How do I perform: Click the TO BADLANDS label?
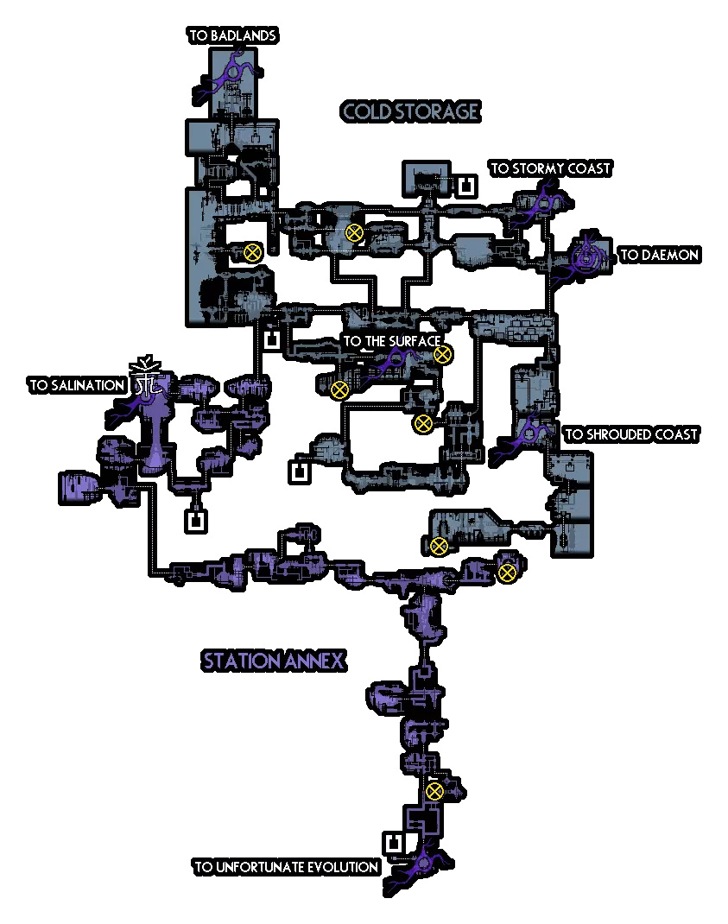[232, 36]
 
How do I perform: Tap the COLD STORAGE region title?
[410, 111]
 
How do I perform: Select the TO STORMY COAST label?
[550, 168]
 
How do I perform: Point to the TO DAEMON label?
[659, 255]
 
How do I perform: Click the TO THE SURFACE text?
[391, 341]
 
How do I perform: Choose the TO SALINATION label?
[77, 385]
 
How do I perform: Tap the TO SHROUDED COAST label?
[630, 434]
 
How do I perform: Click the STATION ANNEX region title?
[274, 661]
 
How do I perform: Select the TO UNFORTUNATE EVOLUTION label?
[286, 867]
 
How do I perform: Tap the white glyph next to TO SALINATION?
[147, 377]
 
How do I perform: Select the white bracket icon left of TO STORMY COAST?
[466, 186]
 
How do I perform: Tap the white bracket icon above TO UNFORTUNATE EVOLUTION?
[394, 843]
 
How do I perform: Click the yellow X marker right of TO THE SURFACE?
[442, 354]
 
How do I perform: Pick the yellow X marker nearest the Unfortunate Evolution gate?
[434, 791]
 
